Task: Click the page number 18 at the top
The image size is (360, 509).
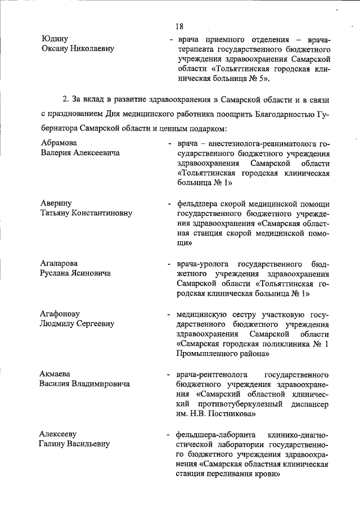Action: (179, 26)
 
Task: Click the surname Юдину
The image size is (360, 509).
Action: (55, 39)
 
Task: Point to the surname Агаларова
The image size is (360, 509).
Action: (59, 263)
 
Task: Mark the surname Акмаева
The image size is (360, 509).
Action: (56, 373)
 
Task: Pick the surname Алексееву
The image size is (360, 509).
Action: (59, 434)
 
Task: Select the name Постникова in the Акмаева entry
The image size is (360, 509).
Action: (233, 414)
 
